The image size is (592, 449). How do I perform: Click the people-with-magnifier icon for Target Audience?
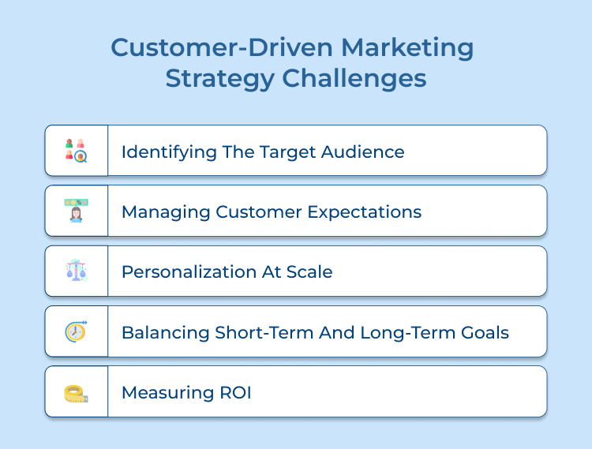[76, 150]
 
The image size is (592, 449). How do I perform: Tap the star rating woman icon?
[76, 211]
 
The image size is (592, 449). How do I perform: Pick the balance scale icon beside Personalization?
[76, 271]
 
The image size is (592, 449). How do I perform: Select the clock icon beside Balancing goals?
[76, 331]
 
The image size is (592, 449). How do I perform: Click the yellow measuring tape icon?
[76, 392]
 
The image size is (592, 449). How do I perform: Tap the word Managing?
[159, 212]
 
